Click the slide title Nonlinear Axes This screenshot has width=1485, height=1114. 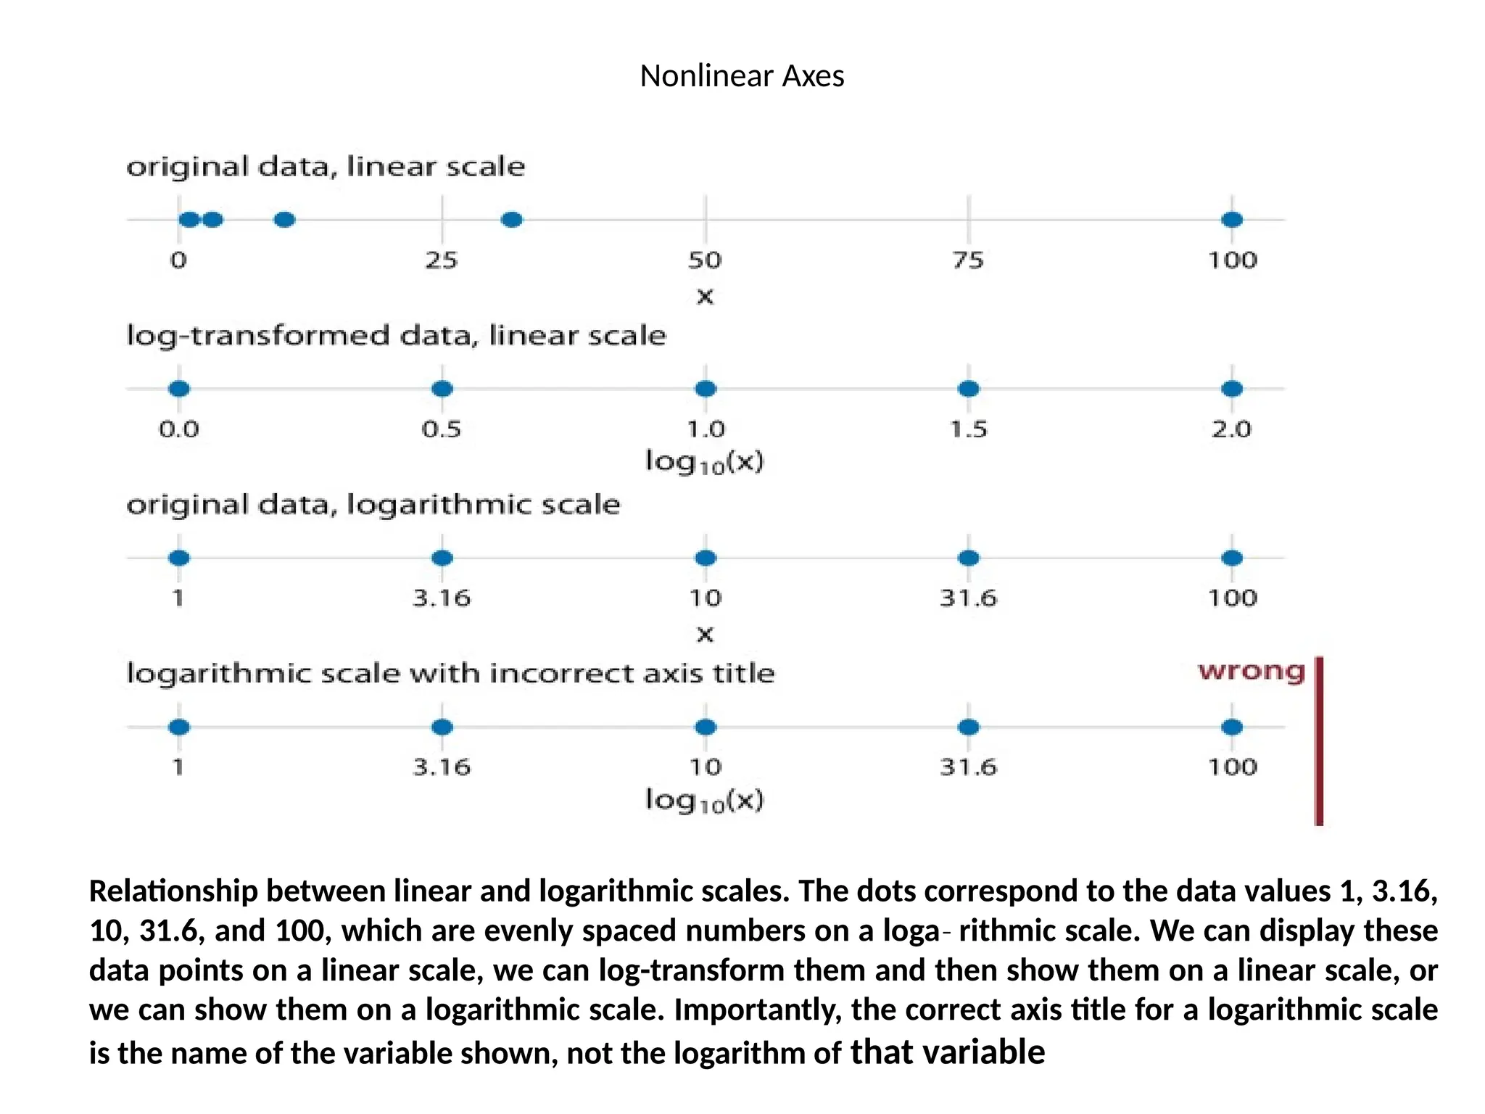click(x=742, y=76)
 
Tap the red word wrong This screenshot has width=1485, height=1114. click(x=1251, y=672)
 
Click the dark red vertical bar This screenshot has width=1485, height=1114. click(x=1319, y=740)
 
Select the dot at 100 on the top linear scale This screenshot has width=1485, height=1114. click(x=1232, y=219)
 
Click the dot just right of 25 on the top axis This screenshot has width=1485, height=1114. click(x=512, y=219)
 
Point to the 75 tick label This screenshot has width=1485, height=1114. click(x=968, y=260)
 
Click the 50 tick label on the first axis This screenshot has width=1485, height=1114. click(x=705, y=260)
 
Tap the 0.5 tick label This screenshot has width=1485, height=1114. click(x=442, y=429)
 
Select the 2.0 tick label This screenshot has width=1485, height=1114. click(x=1231, y=429)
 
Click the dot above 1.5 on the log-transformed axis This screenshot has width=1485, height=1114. click(x=969, y=389)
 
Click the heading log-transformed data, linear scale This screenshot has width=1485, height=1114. click(x=396, y=336)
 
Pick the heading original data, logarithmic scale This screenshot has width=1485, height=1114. click(x=373, y=505)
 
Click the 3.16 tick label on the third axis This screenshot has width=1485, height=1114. click(x=442, y=598)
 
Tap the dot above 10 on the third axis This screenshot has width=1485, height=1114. click(x=706, y=558)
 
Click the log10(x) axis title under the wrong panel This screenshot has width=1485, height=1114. click(x=705, y=800)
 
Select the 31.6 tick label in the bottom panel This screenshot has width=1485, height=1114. click(x=969, y=767)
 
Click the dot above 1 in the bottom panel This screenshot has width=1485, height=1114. click(x=179, y=727)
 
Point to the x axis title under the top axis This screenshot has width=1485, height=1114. click(x=705, y=297)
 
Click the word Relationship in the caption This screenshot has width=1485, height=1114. click(x=173, y=891)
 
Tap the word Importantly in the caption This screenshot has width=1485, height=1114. click(x=757, y=1010)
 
